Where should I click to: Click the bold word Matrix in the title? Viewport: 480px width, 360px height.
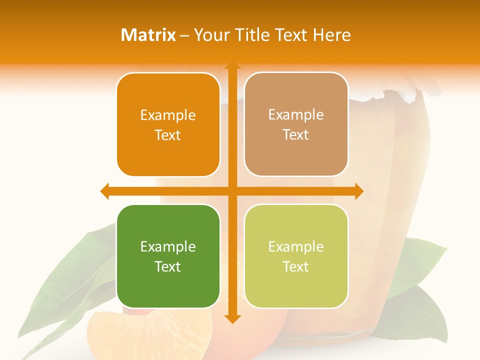click(x=148, y=35)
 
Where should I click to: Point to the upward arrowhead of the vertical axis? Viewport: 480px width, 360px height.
click(x=232, y=65)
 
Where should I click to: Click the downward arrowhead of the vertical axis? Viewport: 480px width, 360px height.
click(x=232, y=318)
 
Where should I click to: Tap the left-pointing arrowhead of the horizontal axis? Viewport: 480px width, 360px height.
click(x=104, y=191)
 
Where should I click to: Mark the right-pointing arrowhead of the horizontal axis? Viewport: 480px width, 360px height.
click(x=359, y=191)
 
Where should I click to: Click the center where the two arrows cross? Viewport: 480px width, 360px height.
click(x=232, y=191)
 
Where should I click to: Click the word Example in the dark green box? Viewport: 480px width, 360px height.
click(x=168, y=247)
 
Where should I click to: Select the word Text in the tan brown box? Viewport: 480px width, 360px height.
click(x=296, y=135)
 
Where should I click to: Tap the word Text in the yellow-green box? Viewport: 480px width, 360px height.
click(x=296, y=266)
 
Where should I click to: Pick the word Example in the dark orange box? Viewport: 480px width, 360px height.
click(x=168, y=115)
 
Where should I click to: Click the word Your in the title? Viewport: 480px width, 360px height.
click(x=210, y=35)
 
